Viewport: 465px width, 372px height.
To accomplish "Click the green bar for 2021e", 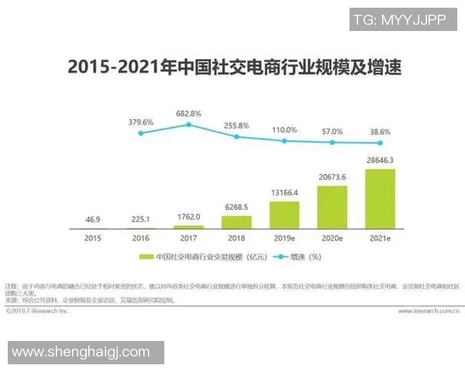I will coord(379,198).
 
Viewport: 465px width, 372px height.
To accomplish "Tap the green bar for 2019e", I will coord(284,215).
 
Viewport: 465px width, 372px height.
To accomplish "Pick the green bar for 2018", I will coord(236,222).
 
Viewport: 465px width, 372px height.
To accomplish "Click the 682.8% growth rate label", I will coord(188,113).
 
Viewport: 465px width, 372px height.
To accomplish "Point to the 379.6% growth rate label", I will coord(141,122).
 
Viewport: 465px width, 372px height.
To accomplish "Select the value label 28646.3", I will coord(379,160).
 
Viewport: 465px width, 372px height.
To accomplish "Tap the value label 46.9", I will coord(93,219).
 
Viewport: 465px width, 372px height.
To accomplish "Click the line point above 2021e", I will coord(380,143).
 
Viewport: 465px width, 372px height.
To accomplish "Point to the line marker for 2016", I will coord(141,133).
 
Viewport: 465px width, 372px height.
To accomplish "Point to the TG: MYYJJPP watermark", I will coord(399,19).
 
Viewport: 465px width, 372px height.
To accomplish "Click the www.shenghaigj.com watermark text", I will coord(81,352).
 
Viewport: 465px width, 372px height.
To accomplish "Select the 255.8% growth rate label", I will coord(236,126).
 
